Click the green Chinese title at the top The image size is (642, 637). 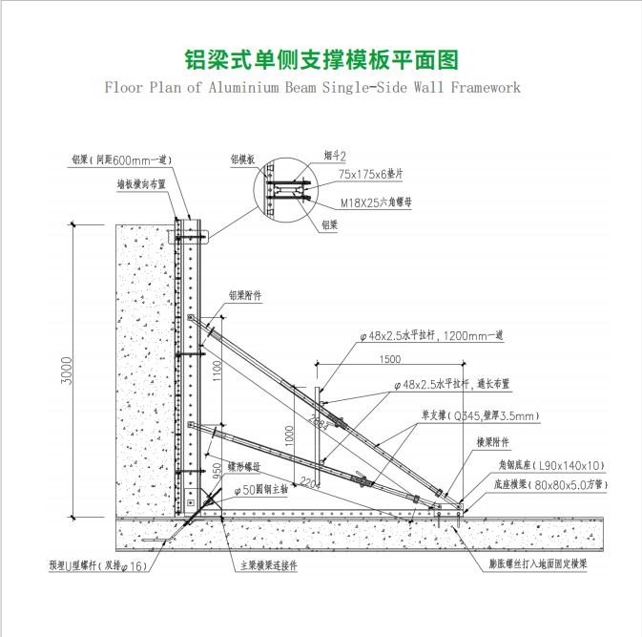[321, 60]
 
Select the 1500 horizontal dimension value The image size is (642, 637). [390, 359]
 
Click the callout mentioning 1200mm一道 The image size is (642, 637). [435, 335]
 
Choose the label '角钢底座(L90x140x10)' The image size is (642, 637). [551, 464]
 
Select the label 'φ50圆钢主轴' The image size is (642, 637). [262, 489]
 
